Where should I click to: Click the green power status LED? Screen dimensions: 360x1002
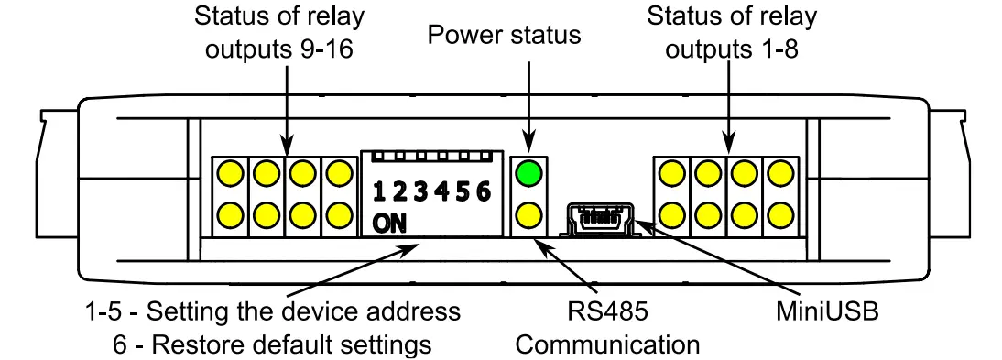[529, 172]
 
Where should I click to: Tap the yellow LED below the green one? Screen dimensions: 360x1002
[529, 216]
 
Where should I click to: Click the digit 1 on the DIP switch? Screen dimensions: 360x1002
[378, 191]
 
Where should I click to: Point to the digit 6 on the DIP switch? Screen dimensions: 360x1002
[484, 191]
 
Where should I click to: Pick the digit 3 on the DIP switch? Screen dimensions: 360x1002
[420, 191]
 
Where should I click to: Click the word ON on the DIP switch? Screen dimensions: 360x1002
[391, 224]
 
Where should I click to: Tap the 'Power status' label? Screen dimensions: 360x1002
[505, 36]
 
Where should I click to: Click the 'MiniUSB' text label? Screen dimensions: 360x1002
[822, 311]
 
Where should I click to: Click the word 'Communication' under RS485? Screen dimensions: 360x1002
[607, 344]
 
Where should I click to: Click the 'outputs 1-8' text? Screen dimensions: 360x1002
[732, 50]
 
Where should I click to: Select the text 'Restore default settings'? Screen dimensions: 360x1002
[290, 344]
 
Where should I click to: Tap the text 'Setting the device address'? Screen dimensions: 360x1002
[304, 311]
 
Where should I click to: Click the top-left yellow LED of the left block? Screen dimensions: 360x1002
[230, 172]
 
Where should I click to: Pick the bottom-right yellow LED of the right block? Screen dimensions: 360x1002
[780, 216]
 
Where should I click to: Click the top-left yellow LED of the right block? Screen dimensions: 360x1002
[671, 172]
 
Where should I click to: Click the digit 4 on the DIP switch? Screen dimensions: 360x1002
[441, 191]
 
